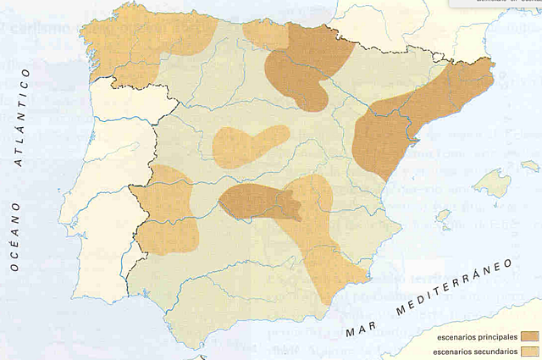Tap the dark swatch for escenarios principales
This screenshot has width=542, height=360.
[x=530, y=336]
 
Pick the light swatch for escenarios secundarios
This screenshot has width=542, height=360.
[x=530, y=351]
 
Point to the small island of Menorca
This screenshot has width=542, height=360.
[x=530, y=165]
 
